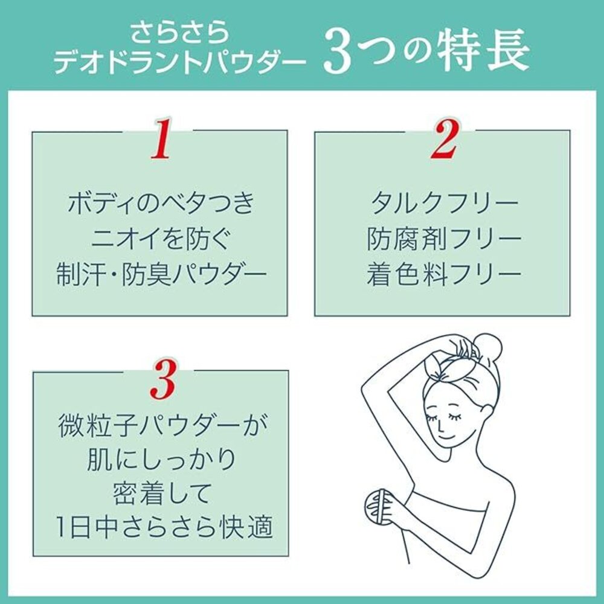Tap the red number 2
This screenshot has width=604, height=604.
coord(444,139)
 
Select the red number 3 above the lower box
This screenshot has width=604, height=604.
coord(164,379)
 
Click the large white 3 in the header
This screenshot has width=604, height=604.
coord(339,53)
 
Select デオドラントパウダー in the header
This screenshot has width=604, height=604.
coord(179,62)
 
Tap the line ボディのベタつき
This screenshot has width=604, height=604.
coord(161,203)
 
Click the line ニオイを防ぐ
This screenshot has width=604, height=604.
coord(161,239)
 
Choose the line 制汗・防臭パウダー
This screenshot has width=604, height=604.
coord(161,275)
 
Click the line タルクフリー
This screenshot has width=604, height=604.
coord(444,203)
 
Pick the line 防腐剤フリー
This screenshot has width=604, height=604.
coord(444,239)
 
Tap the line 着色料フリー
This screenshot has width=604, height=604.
coord(444,275)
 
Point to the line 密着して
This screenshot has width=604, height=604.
coord(161,493)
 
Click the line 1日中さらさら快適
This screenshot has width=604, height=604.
coord(164,527)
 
